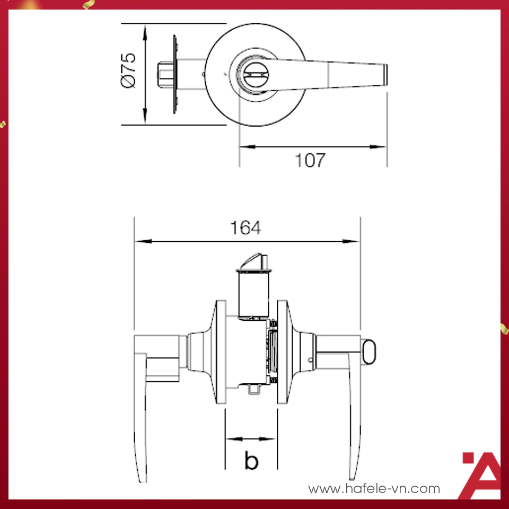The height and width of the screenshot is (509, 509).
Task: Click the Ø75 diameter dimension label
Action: (x=128, y=70)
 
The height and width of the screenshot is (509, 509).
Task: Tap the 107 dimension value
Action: (x=310, y=160)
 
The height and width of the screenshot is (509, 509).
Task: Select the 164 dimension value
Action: (x=245, y=228)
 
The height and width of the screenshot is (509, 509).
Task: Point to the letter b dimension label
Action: (x=251, y=460)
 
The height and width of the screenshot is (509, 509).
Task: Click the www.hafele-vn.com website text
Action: (x=374, y=488)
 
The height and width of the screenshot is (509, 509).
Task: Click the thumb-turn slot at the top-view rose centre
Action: (x=256, y=75)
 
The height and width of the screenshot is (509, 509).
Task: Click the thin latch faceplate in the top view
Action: (x=175, y=74)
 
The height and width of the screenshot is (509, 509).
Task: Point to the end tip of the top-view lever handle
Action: (x=385, y=75)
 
